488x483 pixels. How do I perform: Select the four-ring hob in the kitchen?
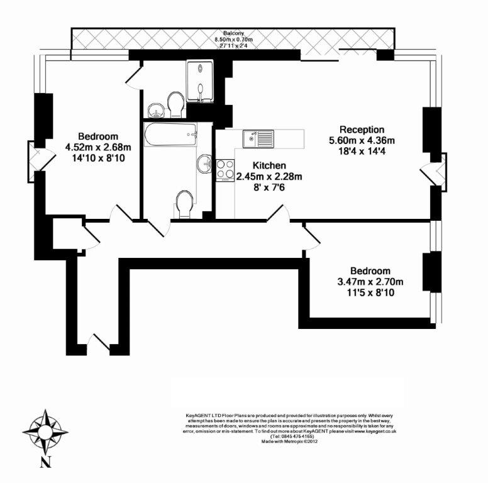coord(225,169)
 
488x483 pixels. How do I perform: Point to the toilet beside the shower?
coord(175,104)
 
